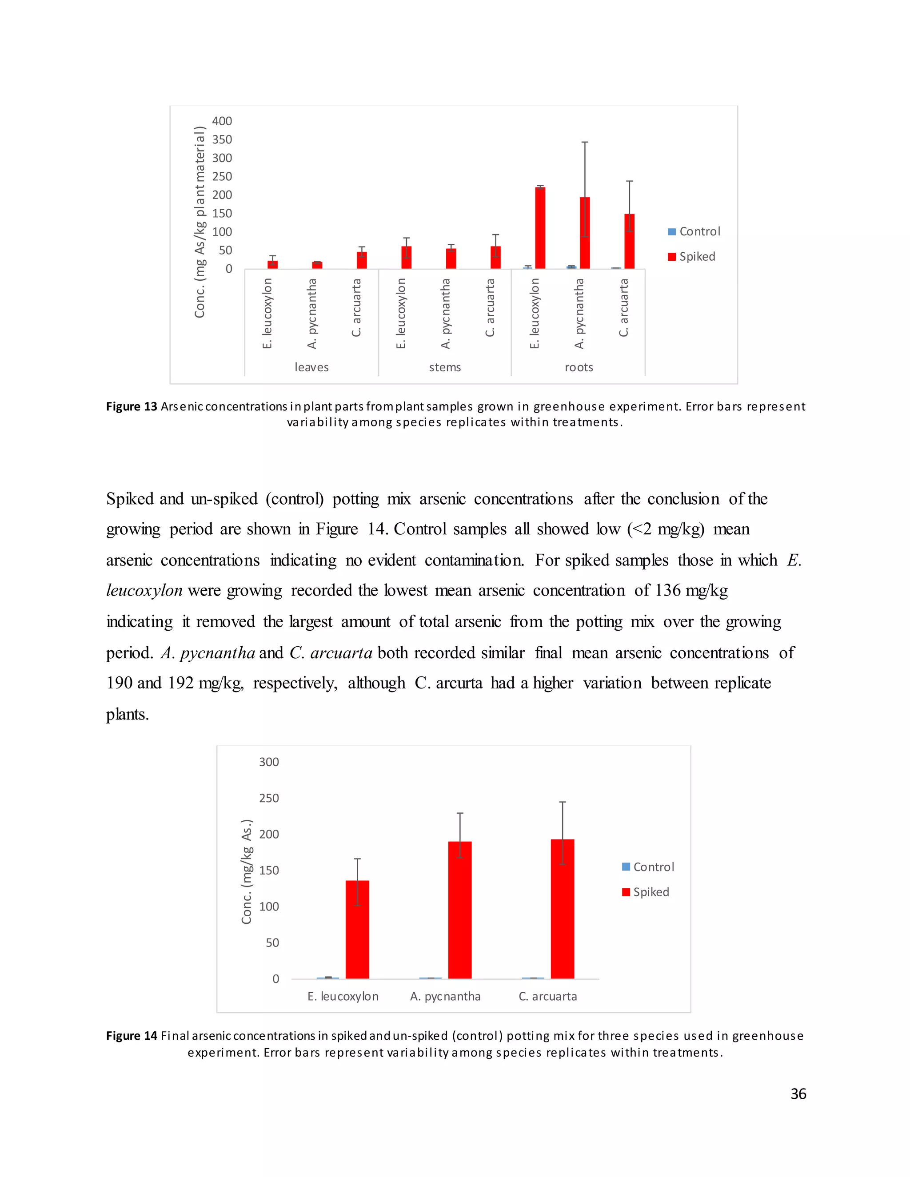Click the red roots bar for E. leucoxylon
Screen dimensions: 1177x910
click(x=539, y=228)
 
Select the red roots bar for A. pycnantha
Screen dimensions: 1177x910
click(x=584, y=233)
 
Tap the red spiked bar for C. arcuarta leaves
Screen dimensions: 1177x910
click(x=362, y=260)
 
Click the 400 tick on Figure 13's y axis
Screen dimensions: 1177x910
click(x=222, y=121)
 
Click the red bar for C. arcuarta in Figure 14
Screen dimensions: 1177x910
click(x=562, y=909)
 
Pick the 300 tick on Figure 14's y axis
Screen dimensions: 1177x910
click(x=268, y=762)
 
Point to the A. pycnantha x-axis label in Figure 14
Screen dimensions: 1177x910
click(x=445, y=997)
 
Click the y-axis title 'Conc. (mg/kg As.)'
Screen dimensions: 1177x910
click(x=246, y=871)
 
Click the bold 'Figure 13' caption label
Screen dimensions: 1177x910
click(x=132, y=406)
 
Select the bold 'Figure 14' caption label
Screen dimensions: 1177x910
click(x=132, y=1036)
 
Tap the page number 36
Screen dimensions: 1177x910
click(x=798, y=1093)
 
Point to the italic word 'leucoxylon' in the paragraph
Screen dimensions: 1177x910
click(x=144, y=590)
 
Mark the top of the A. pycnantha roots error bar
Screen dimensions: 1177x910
click(x=584, y=142)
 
